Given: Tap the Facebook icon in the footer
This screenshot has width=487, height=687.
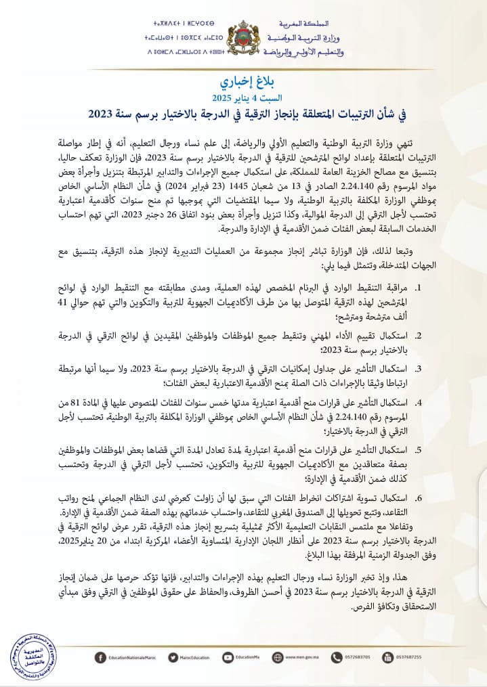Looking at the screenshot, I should pyautogui.click(x=100, y=656).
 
